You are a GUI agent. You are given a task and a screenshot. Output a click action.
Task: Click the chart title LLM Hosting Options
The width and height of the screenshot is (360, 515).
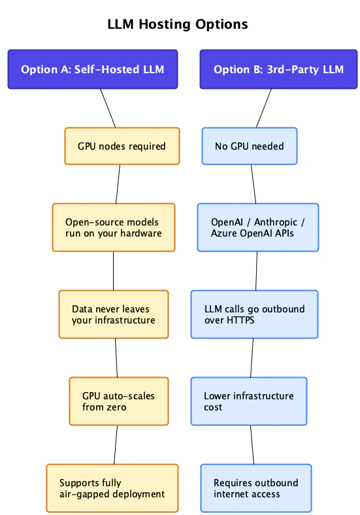pos(178,24)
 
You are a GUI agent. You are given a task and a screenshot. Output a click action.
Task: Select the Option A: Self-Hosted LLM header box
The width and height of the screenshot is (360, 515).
pos(92,69)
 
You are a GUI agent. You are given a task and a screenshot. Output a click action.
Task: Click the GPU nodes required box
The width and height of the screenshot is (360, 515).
pos(122,146)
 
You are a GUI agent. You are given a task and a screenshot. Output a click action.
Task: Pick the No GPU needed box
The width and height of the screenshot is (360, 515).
pos(250,146)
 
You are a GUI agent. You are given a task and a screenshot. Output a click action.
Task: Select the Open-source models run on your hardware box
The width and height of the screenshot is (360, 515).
pos(113,227)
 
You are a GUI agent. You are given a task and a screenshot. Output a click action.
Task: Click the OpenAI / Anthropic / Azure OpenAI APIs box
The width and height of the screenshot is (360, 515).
pos(258,227)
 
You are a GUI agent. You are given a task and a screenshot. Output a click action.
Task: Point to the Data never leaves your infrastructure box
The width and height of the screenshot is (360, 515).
pos(113,314)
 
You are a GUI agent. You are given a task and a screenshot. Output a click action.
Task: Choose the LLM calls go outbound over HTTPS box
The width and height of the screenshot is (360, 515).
pos(254,314)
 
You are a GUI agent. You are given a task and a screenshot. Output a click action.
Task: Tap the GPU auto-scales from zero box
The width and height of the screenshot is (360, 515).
pos(118,401)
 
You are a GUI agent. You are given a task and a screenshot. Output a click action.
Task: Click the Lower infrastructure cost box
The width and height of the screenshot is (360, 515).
pos(248,401)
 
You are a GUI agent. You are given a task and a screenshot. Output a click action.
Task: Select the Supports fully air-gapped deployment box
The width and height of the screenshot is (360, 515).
pos(112,488)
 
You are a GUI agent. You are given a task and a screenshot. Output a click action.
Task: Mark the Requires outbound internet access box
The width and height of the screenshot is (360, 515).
pos(255,488)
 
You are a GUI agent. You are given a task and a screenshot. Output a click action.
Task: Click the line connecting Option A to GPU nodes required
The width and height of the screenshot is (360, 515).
pos(108,108)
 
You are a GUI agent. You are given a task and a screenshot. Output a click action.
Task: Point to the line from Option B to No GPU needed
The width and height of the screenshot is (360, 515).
pos(264,108)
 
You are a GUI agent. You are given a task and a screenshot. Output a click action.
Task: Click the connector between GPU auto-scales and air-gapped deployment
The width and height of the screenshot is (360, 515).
pos(116,444)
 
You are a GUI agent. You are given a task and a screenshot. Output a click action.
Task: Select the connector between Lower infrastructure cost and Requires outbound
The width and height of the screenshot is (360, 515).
pos(251,444)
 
